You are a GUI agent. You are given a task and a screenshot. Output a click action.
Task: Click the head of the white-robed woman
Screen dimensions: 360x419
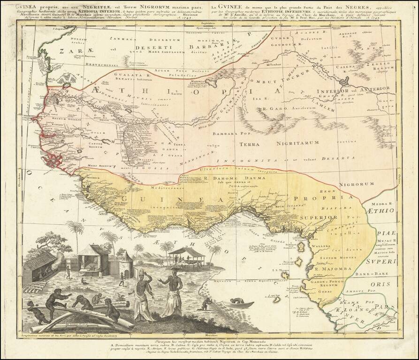[x=140, y=273]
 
